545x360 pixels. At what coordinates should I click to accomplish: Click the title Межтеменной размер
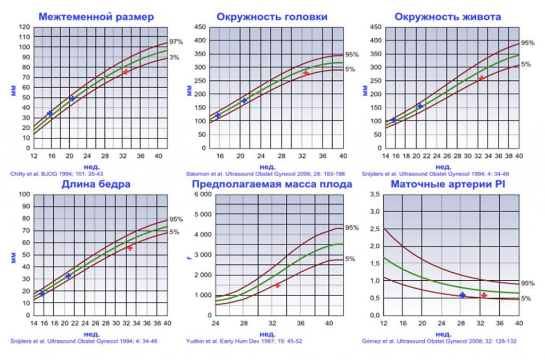point(96,17)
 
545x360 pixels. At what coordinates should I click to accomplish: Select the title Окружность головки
point(272,17)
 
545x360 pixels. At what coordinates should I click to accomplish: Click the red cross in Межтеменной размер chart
point(126,72)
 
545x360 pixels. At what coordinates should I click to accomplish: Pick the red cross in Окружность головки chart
point(305,73)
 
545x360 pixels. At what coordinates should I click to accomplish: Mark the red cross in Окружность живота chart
point(481,78)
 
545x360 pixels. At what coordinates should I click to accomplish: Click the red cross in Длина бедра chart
point(130,248)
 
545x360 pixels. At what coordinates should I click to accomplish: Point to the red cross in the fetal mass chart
point(277,286)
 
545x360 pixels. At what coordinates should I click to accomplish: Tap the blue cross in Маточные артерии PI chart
point(463,295)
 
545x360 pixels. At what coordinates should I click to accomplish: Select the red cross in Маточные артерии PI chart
point(484,295)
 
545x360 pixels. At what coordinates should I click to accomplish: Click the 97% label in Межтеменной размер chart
point(176,41)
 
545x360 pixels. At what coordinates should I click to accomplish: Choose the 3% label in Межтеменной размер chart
point(175,57)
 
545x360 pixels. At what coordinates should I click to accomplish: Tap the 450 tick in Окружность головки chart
point(199,27)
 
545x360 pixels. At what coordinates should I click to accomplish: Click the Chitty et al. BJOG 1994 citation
point(43,173)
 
